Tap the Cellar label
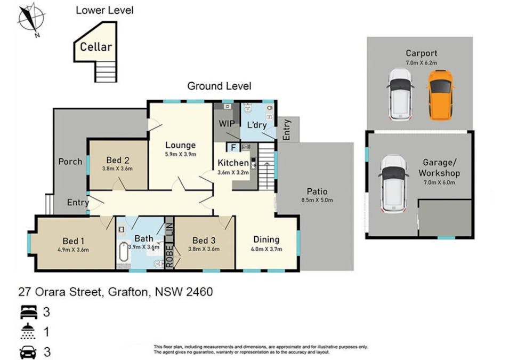click(x=96, y=47)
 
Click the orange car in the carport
click(x=440, y=95)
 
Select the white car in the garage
click(x=394, y=184)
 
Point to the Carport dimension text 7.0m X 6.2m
click(x=422, y=63)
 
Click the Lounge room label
click(x=181, y=145)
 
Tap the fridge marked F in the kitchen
click(x=233, y=148)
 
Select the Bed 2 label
click(x=118, y=160)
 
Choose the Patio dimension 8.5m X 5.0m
click(x=317, y=200)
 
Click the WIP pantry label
click(x=227, y=123)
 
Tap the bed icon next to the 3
click(x=28, y=312)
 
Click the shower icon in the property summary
click(x=28, y=331)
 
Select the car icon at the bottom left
click(x=28, y=352)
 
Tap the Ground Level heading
click(x=219, y=86)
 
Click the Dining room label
click(x=266, y=239)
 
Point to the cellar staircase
click(x=106, y=71)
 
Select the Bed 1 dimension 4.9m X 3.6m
click(x=73, y=250)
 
